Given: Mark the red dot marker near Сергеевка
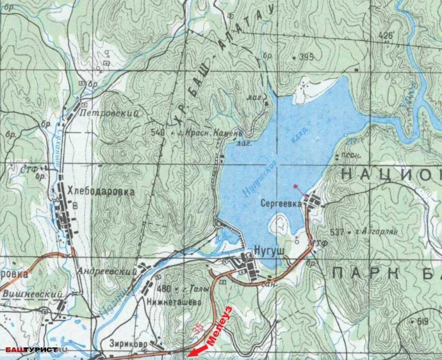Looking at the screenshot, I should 295,186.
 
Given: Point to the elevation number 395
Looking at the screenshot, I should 306,57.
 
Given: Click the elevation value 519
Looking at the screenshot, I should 422,321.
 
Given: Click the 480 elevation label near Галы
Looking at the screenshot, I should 165,289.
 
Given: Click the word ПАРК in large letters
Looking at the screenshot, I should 355,273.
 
